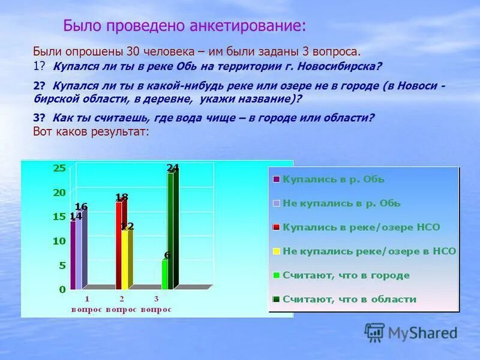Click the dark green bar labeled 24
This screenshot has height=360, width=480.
(171, 231)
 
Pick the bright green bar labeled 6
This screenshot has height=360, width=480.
(164, 274)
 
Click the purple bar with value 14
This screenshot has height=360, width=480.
(73, 255)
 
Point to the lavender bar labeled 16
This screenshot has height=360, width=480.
(79, 250)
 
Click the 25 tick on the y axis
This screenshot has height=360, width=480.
(60, 168)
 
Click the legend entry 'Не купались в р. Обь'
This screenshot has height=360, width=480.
(341, 203)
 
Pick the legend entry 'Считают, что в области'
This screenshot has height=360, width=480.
(349, 299)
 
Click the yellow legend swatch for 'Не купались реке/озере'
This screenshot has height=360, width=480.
(276, 251)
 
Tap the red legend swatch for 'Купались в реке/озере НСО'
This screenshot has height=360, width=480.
(276, 227)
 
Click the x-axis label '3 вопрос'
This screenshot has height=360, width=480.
(157, 304)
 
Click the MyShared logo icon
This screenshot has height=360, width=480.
(374, 332)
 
